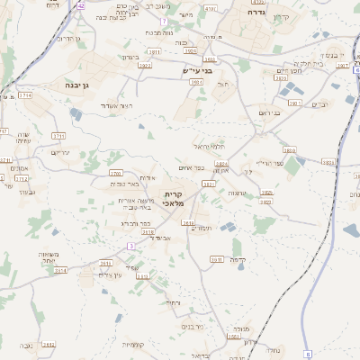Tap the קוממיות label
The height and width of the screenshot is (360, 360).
[x=134, y=345]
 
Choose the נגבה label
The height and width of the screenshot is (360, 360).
[x=27, y=346]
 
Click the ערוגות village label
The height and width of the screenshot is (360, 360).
[x=237, y=193]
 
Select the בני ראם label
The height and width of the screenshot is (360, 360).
[x=270, y=113]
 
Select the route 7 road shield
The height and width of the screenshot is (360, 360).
[x=163, y=20]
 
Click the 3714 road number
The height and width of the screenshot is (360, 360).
[x=25, y=95]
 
